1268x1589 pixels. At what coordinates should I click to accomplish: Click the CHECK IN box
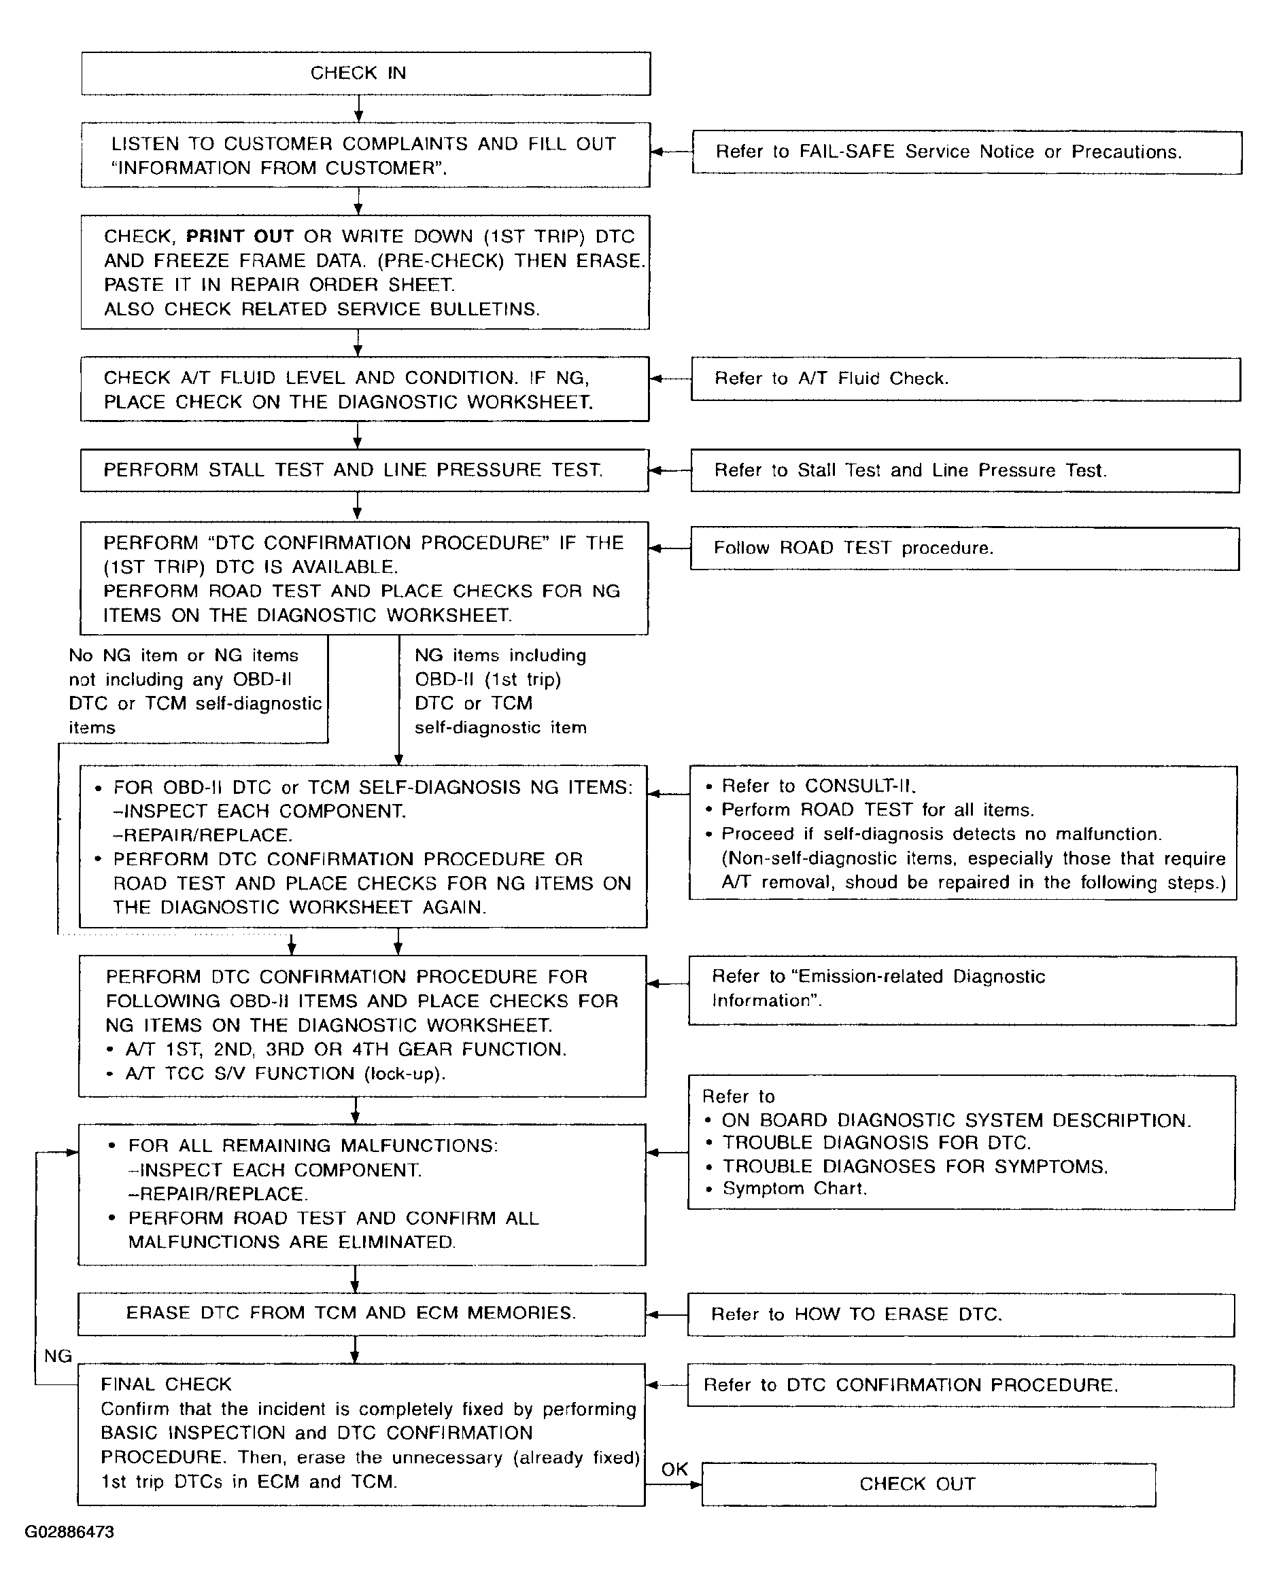pos(366,73)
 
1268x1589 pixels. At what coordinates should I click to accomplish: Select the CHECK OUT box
pos(928,1484)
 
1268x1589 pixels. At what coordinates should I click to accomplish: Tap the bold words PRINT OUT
pos(239,237)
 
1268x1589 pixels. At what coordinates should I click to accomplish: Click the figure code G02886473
pos(69,1531)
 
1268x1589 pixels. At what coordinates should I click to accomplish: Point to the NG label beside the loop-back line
pos(58,1356)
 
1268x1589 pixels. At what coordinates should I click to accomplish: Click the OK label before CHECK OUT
pos(674,1469)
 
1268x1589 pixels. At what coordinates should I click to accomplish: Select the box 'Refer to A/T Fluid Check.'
pos(965,379)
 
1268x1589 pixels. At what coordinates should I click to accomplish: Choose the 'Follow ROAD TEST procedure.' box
pos(964,548)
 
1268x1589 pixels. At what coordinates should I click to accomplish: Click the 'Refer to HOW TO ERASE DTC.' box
pos(961,1314)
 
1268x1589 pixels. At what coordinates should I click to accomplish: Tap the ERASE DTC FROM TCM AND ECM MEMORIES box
pos(361,1313)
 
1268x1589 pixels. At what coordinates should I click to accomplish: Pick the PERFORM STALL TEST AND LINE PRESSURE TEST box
pos(364,470)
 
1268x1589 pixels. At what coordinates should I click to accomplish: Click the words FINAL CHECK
pos(166,1384)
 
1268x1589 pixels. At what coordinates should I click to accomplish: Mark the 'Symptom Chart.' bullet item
pos(794,1188)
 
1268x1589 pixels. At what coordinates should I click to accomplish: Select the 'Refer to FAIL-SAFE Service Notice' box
pos(967,152)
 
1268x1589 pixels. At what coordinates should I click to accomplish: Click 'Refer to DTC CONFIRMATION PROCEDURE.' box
pos(960,1385)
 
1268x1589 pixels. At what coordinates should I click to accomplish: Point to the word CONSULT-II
pos(859,786)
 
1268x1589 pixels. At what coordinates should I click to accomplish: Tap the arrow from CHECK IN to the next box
pos(358,109)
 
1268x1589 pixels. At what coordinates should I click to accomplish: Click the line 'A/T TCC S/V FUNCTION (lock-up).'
pos(286,1073)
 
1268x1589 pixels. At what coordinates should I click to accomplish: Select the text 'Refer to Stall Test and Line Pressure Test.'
pos(910,470)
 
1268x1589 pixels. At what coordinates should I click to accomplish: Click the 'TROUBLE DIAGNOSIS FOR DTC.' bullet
pos(876,1142)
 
